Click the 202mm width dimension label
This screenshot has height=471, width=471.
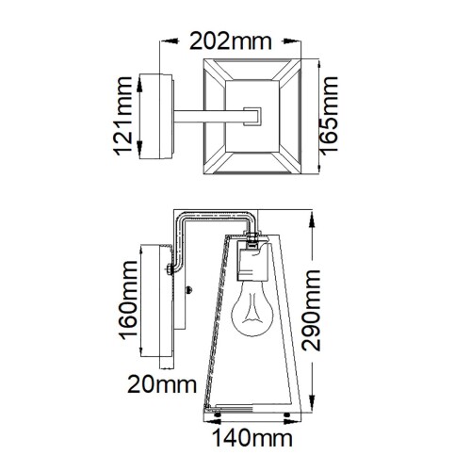230,41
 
